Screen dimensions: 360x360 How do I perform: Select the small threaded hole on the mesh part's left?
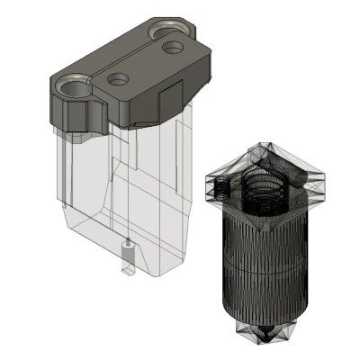[x=220, y=187]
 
